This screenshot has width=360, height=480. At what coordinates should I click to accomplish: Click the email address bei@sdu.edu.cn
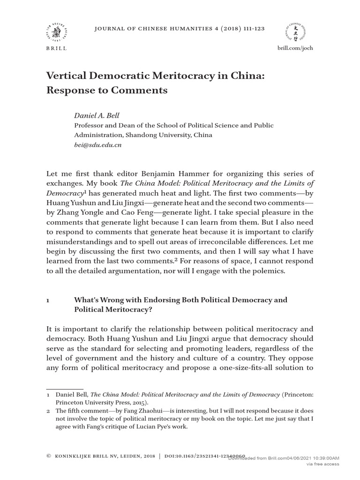tap(98, 145)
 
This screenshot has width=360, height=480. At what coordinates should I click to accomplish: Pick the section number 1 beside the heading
tap(47, 300)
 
